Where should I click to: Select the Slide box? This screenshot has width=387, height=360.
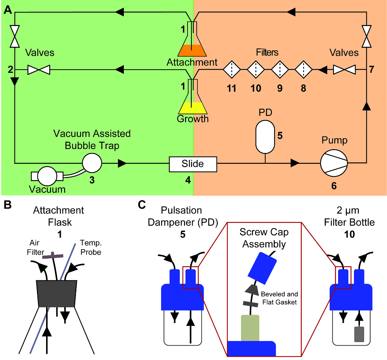click(x=193, y=163)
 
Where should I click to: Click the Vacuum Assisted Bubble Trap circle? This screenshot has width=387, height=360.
click(x=92, y=163)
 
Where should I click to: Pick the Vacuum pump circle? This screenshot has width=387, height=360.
click(x=47, y=176)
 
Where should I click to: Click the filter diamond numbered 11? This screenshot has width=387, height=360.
click(x=232, y=70)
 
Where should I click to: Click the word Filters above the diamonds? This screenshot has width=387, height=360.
click(x=267, y=52)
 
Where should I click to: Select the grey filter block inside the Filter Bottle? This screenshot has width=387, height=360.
click(x=359, y=334)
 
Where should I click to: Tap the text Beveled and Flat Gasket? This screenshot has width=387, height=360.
click(x=279, y=298)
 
